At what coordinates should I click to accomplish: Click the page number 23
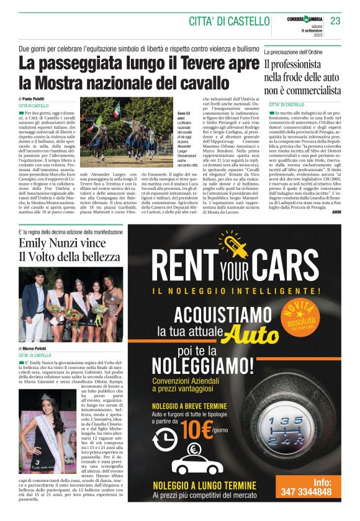(335, 22)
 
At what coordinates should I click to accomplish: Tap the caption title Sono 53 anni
(185, 117)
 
